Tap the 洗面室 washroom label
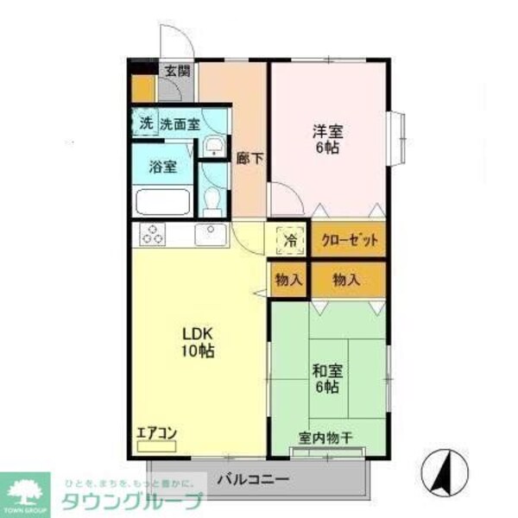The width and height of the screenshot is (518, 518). tap(180, 123)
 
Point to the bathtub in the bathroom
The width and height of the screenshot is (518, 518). tap(162, 203)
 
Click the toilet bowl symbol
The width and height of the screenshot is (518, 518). tap(212, 202)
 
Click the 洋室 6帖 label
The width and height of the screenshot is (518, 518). tap(328, 140)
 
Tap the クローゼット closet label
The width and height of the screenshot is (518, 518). tap(350, 240)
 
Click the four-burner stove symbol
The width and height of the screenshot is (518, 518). tap(153, 234)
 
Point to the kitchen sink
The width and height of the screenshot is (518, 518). tap(209, 234)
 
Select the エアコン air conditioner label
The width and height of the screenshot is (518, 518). tap(156, 433)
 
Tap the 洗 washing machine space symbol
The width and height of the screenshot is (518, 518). tap(144, 123)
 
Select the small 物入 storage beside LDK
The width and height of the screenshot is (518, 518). tap(288, 281)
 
